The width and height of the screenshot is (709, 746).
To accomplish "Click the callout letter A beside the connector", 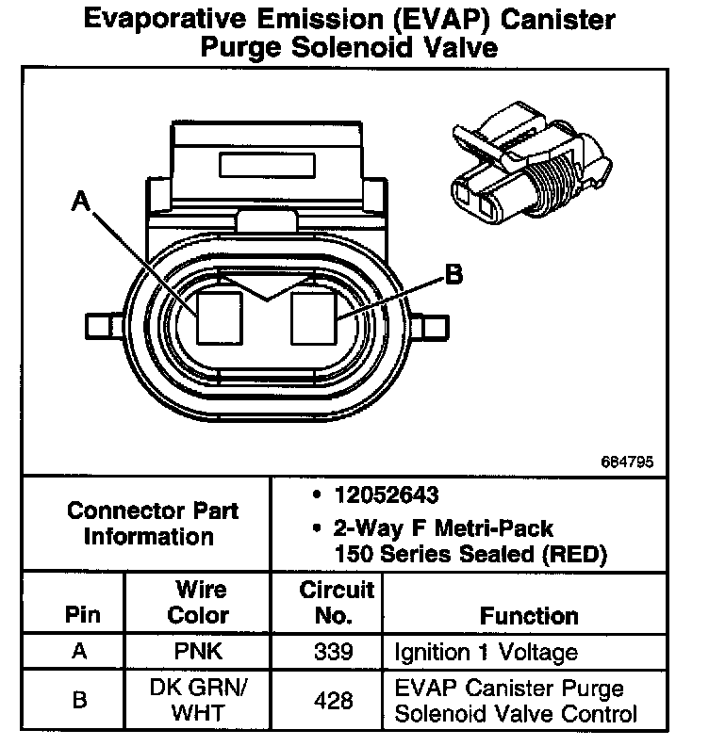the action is point(81,201).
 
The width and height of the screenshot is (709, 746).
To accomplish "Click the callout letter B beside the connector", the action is point(453,275).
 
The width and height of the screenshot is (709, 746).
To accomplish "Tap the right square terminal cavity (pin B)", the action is point(315,316).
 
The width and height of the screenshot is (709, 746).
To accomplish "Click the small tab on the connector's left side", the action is point(99,325).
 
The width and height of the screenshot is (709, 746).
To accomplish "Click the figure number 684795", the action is point(626,462).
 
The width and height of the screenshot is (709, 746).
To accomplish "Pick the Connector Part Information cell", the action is point(152,524).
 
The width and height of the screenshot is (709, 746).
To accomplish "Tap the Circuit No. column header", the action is point(337,603).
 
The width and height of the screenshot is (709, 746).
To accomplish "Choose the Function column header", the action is point(529,616).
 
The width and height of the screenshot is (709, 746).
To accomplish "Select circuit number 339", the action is point(337,652).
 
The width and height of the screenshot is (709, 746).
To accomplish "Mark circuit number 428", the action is point(337,701).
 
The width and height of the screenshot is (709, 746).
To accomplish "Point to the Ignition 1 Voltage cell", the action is point(486,652).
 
